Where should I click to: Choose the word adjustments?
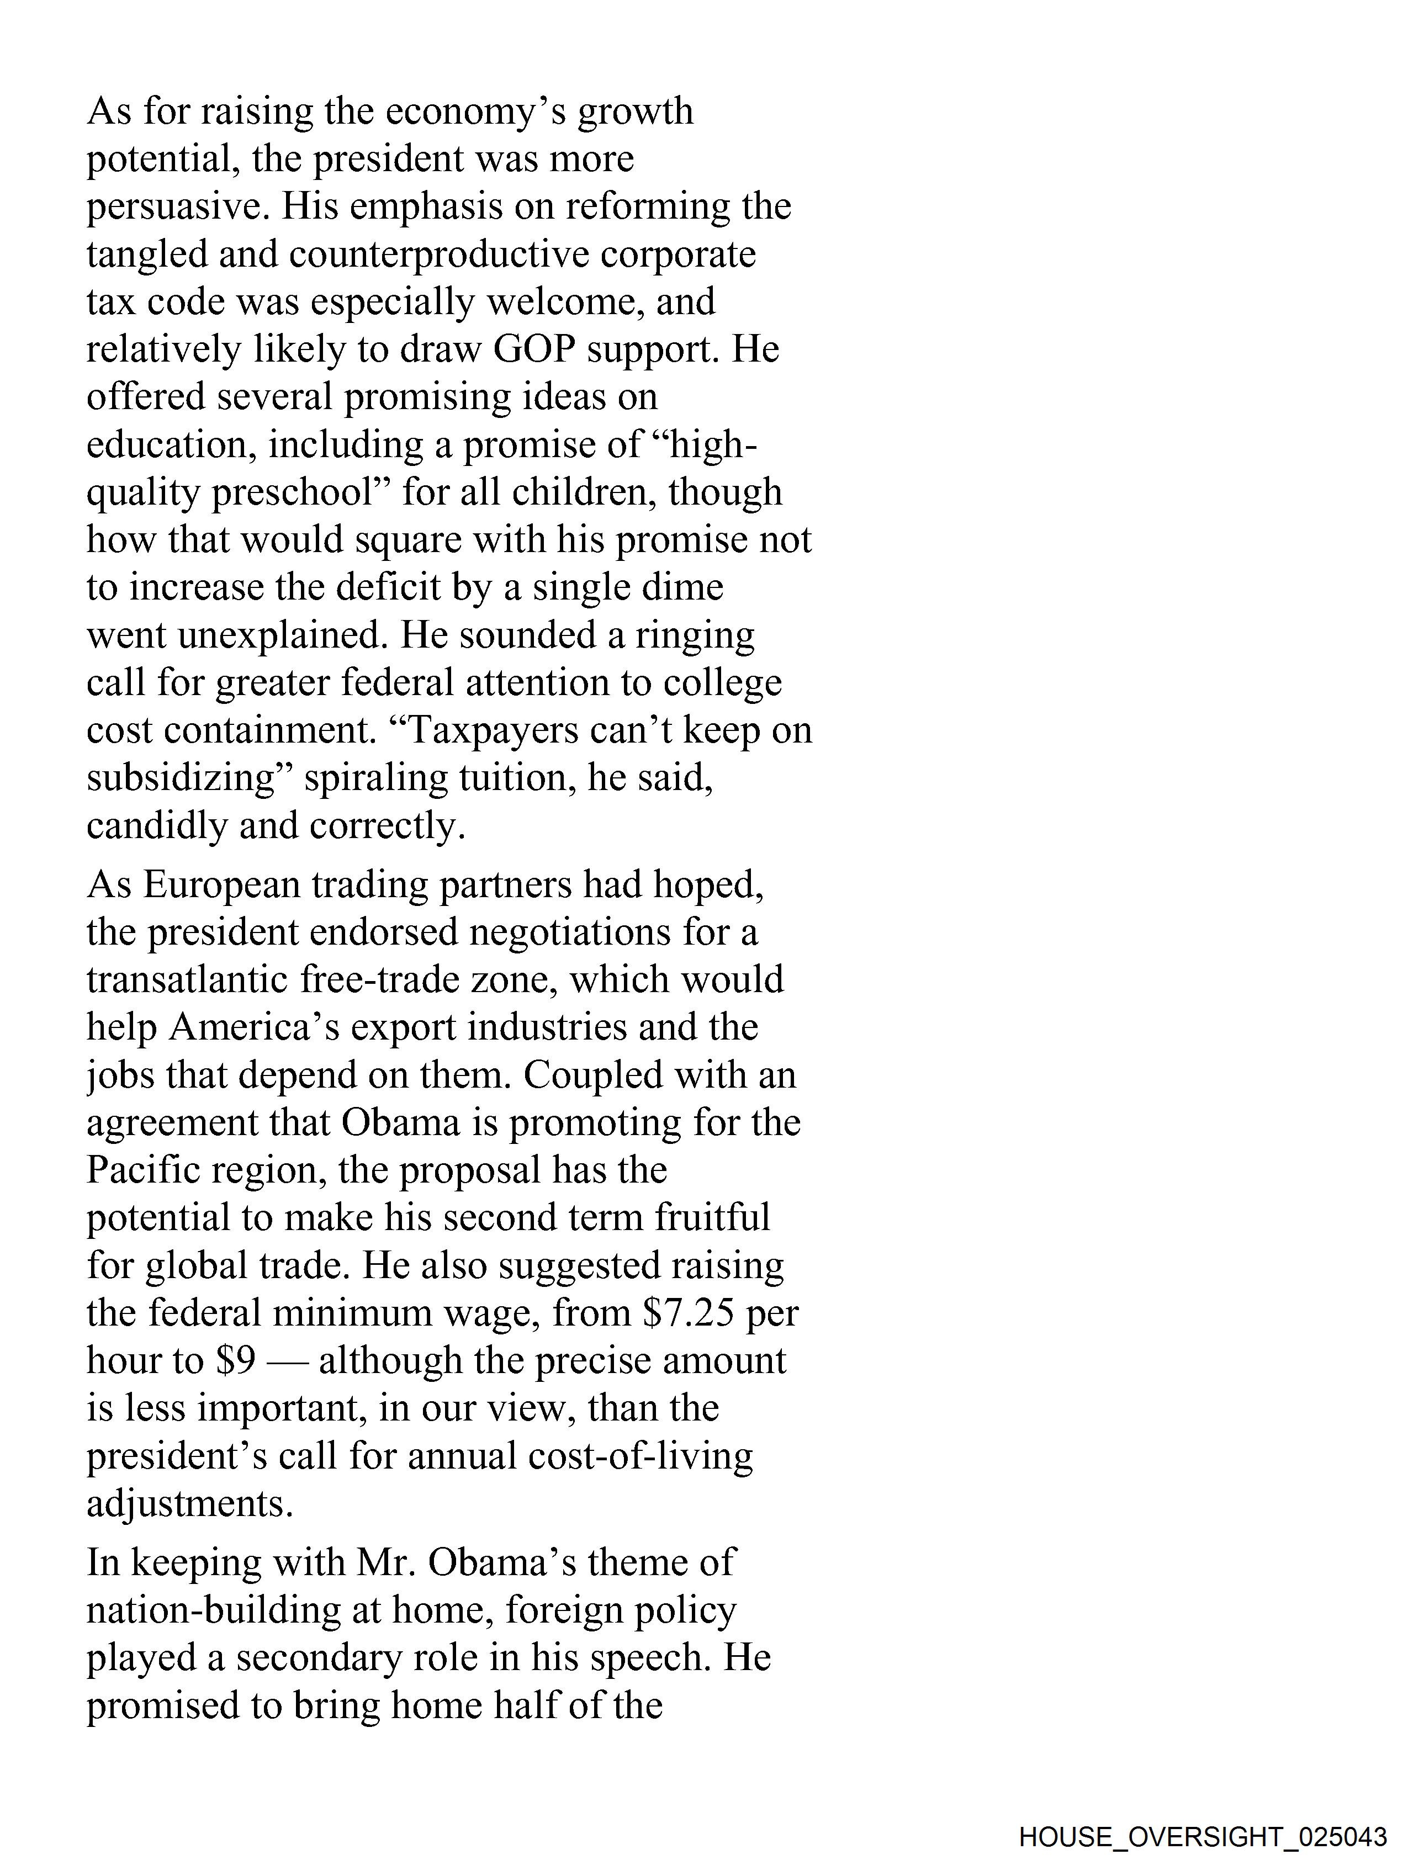[189, 1503]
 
